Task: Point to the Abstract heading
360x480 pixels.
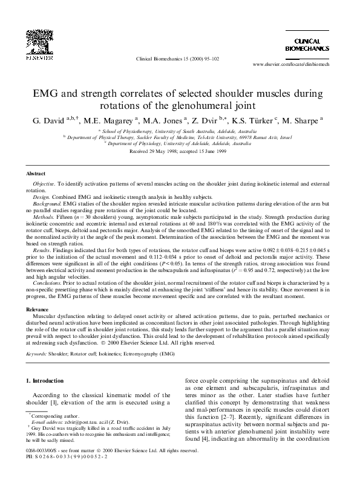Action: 35,173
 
